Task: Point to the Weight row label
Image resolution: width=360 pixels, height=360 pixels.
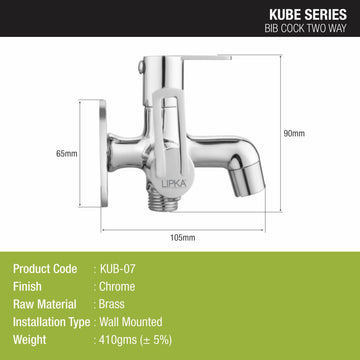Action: tap(29, 344)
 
